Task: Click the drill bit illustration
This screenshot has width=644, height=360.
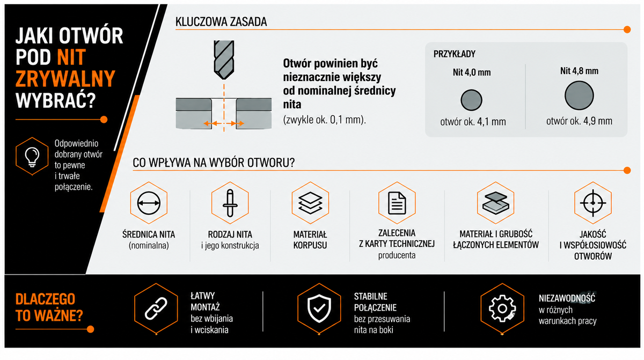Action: coord(224,60)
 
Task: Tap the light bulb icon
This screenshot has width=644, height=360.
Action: coord(32,157)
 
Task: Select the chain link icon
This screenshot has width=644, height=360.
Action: coord(156,308)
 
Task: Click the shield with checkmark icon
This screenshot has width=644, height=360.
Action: coord(319,308)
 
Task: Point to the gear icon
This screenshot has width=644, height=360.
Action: coord(502,308)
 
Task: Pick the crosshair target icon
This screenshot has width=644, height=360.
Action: coord(593,203)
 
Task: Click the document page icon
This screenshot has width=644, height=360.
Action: coord(397,203)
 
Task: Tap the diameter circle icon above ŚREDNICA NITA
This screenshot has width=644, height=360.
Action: coord(149,203)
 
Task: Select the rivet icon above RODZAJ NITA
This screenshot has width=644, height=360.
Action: coord(230,203)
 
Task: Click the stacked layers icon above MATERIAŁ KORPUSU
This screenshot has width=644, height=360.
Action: coord(310,203)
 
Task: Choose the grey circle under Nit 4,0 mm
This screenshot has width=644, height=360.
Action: coord(471,100)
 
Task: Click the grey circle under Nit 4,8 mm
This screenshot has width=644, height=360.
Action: coord(579,95)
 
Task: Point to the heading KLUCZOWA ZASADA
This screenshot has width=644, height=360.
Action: coord(221,22)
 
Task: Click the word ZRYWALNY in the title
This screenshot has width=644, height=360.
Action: coord(65,79)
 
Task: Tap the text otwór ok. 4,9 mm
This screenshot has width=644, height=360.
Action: coord(579,121)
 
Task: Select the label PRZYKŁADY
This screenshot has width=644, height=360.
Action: coord(454,54)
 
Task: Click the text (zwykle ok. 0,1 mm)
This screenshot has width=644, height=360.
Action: coord(325,120)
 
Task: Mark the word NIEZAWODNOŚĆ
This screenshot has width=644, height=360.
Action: coord(567,298)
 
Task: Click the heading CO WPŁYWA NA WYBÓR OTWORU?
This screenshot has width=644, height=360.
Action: coord(214,163)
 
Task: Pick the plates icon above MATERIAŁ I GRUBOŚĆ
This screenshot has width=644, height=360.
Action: coord(496,203)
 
